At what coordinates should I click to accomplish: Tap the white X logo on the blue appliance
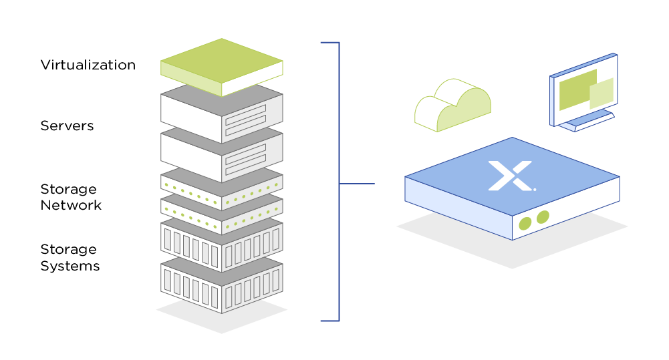(x=511, y=175)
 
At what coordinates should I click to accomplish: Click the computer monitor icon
(x=583, y=91)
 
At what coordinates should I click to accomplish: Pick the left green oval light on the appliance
(x=525, y=223)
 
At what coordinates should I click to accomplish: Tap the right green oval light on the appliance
(x=543, y=217)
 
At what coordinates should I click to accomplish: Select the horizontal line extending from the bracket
(x=357, y=184)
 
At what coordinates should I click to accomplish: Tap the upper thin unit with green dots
(x=221, y=186)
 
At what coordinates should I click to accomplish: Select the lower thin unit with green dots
(x=221, y=212)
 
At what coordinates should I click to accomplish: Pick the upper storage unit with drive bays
(x=221, y=246)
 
